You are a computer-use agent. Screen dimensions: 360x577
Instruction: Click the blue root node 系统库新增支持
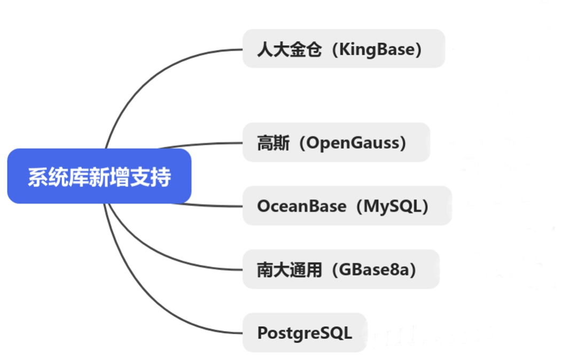(x=99, y=176)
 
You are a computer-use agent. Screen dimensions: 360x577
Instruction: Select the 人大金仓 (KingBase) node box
(x=344, y=49)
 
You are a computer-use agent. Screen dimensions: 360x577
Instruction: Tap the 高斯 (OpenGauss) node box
(x=336, y=143)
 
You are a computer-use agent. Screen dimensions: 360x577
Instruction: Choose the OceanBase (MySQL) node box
(x=347, y=206)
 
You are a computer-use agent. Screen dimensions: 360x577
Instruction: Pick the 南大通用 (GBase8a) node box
(x=341, y=269)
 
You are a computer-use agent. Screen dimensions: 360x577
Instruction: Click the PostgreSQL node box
(x=305, y=333)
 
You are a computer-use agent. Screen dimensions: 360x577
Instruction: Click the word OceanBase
(x=301, y=206)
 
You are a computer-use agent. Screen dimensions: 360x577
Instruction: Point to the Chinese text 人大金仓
(x=289, y=50)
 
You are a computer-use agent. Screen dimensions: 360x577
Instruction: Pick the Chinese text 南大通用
(x=289, y=270)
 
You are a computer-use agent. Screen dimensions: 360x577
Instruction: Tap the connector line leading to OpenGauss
(x=203, y=144)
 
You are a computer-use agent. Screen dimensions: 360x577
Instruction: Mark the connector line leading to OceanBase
(x=214, y=206)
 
